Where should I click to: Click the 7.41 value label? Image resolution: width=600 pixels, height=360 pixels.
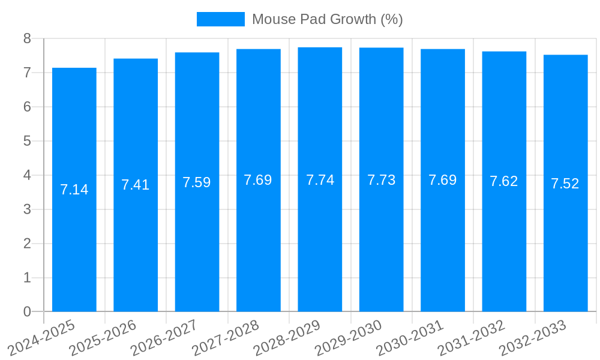pos(136,185)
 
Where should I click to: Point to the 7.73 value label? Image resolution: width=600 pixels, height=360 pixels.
pos(382,180)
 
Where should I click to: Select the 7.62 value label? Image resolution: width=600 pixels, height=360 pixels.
pos(504,182)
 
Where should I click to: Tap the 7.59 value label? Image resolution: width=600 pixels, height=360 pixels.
pos(197,182)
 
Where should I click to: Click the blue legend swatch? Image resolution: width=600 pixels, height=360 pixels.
pos(220,19)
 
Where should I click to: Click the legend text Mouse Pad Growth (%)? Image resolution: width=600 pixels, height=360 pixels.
pos(327,19)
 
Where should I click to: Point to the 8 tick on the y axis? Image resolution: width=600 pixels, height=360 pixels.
pos(27,38)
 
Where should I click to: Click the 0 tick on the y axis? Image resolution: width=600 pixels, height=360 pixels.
pos(27,311)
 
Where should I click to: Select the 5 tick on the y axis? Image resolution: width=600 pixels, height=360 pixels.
pos(27,141)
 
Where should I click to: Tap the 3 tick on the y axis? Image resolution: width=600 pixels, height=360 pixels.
pos(27,209)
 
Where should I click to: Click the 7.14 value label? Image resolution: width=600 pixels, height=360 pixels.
pos(74,190)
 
